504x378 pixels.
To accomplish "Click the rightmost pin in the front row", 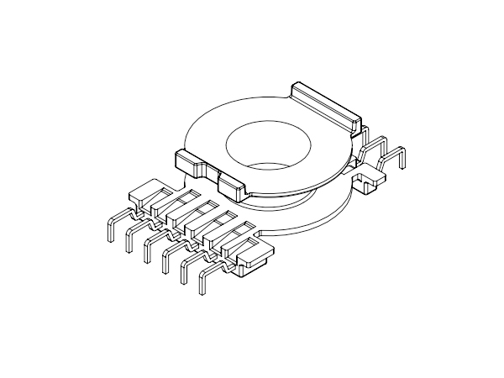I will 203,283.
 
